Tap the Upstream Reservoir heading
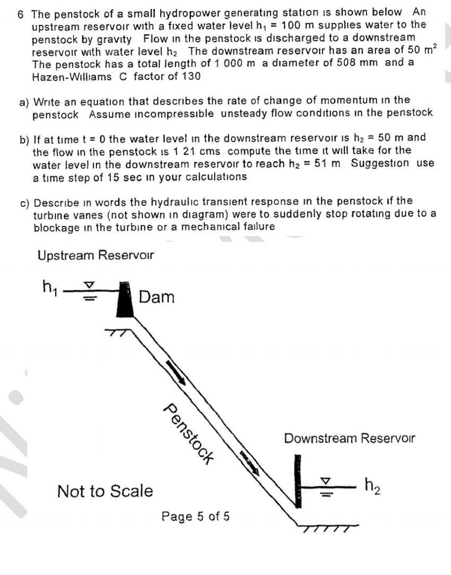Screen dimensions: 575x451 coord(96,255)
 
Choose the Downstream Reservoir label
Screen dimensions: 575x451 coord(349,439)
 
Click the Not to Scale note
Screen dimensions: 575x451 coord(105,491)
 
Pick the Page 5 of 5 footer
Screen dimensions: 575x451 coord(196,516)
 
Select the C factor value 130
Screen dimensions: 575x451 coord(191,76)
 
